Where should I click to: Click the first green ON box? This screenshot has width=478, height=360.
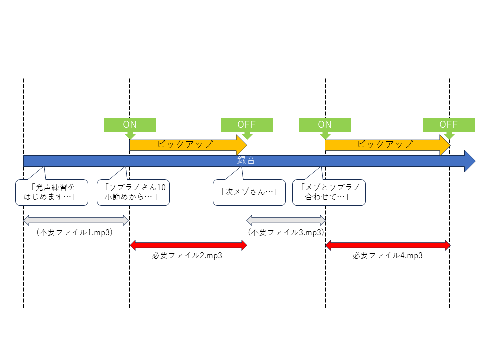click(130, 125)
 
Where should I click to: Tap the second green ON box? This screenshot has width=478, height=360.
click(325, 125)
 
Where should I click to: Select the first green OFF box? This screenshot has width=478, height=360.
click(247, 125)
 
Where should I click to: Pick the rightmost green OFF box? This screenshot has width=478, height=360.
click(449, 125)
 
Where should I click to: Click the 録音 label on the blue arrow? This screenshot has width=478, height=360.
click(246, 160)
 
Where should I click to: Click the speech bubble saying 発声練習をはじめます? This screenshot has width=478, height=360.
click(52, 192)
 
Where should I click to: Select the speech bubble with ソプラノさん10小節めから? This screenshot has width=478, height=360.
click(133, 192)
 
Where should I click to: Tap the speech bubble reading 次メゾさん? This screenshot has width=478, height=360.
click(249, 192)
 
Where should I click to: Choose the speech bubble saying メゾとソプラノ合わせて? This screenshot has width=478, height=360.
click(329, 192)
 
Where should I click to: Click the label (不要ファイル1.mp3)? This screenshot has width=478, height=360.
click(75, 232)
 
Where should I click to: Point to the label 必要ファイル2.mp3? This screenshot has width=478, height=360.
click(187, 255)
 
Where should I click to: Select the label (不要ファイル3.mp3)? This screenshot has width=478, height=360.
click(286, 232)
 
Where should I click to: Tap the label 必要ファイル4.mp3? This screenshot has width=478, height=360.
click(388, 255)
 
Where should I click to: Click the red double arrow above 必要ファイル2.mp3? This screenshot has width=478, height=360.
click(188, 245)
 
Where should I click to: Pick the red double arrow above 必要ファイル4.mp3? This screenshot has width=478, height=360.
click(388, 245)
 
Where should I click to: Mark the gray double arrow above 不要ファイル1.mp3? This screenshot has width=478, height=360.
click(76, 220)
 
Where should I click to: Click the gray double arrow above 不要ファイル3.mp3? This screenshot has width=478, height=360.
click(286, 220)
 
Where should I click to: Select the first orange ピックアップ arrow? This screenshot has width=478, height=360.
click(188, 145)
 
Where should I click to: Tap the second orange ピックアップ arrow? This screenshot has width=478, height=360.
click(388, 145)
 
